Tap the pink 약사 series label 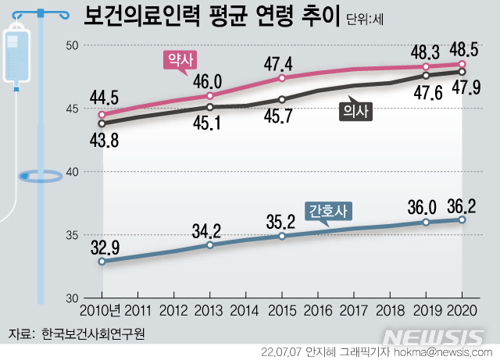point(180,59)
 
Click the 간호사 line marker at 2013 point(210,245)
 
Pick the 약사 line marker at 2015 point(282,78)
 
